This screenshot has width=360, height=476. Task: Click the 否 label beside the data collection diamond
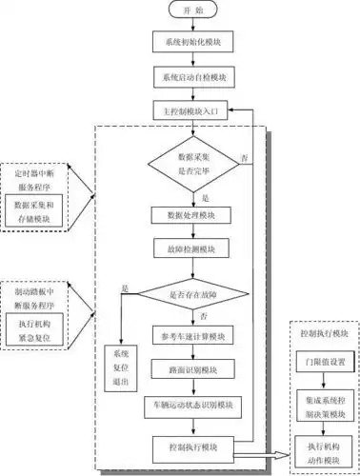pos(246,155)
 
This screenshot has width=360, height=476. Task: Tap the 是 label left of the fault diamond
pos(125,287)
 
